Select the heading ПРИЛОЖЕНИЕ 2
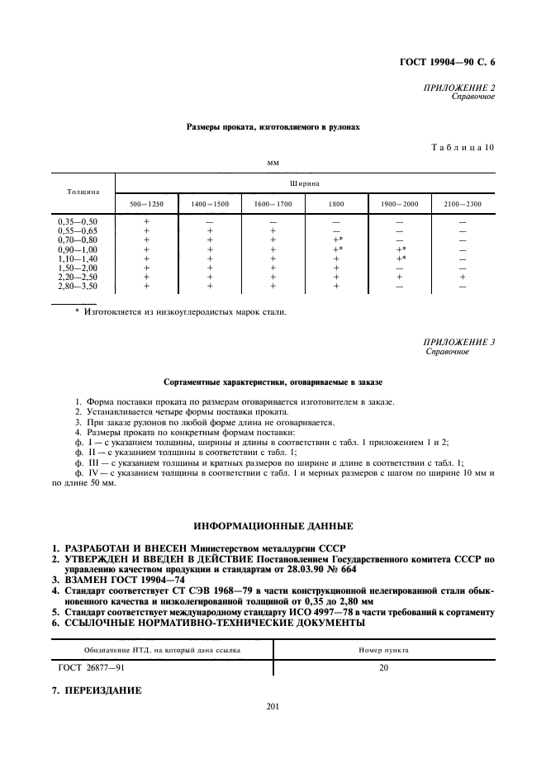pyautogui.click(x=458, y=87)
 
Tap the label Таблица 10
pyautogui.click(x=463, y=147)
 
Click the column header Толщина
pyautogui.click(x=83, y=192)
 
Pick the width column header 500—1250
pyautogui.click(x=146, y=204)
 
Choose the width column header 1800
pyautogui.click(x=336, y=204)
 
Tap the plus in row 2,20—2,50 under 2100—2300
pyautogui.click(x=463, y=277)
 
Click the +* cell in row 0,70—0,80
pyautogui.click(x=337, y=239)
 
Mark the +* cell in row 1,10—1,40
pyautogui.click(x=401, y=258)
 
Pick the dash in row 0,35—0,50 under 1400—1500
pyautogui.click(x=209, y=221)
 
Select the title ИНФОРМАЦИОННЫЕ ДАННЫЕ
pyautogui.click(x=273, y=525)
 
